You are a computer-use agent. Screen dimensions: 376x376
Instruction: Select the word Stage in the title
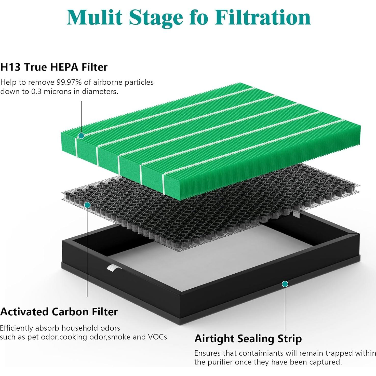pos(156,18)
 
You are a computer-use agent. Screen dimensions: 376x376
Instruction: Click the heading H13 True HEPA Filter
pos(54,67)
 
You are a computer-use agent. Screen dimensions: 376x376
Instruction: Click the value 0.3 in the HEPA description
pos(37,91)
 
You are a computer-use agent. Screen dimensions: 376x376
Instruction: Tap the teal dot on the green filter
pos(81,136)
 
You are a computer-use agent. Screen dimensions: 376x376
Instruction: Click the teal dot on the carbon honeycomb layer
pos(87,205)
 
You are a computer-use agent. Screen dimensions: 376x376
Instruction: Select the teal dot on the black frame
pos(285,284)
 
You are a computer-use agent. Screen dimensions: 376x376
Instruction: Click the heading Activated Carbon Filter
pos(59,312)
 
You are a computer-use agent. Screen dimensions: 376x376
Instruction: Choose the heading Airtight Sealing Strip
pos(248,339)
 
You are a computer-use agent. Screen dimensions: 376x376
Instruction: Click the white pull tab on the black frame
pos(111,268)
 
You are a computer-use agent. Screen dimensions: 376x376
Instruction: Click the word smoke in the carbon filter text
pos(119,337)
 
